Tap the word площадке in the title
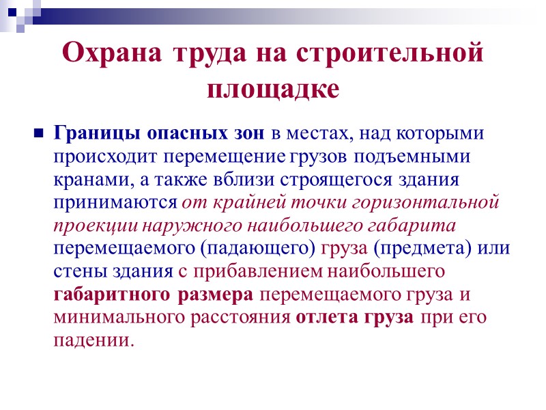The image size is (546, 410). [x=273, y=88]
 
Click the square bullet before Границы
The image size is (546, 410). [x=38, y=132]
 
